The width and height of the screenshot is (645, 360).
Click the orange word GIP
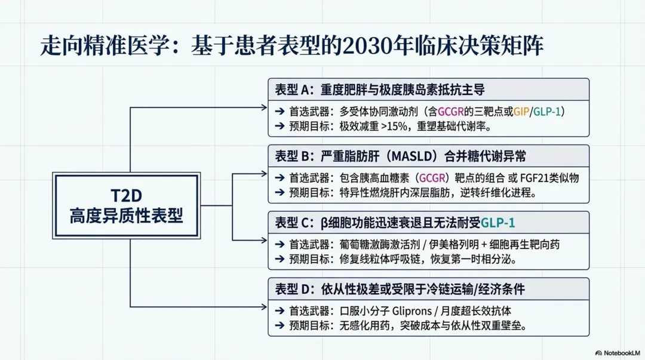click(x=521, y=111)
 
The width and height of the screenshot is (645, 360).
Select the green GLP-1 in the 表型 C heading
click(x=498, y=223)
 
